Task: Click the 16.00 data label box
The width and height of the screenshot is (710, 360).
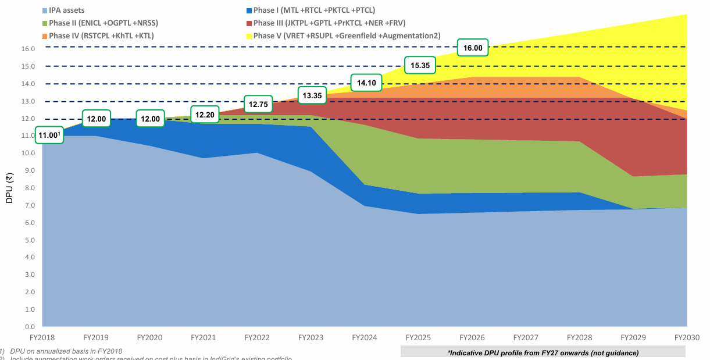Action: point(473,48)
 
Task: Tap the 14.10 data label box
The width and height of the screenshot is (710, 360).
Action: point(366,83)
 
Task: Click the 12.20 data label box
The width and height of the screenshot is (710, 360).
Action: point(205,115)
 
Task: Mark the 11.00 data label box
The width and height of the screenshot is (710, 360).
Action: point(49,135)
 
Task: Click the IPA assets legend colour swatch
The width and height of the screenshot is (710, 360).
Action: point(45,10)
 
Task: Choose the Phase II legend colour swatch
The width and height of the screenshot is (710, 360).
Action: point(45,23)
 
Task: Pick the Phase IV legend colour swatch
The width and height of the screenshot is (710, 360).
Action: point(45,36)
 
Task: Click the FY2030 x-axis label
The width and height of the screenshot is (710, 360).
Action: point(687,337)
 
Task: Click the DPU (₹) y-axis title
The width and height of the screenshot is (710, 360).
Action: point(9,187)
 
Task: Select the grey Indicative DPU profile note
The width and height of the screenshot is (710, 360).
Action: point(543,352)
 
